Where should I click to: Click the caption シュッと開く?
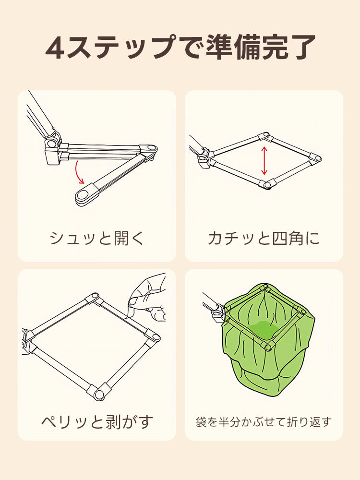[x=97, y=238]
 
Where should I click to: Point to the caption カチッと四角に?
[x=264, y=238]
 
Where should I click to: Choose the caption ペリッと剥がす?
[x=97, y=421]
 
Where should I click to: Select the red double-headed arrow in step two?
[x=264, y=161]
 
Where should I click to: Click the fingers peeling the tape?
[x=146, y=298]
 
